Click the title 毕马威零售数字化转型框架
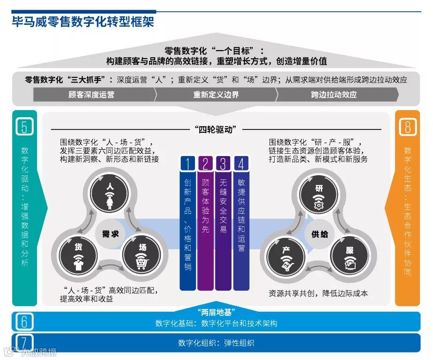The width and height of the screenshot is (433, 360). [83, 22]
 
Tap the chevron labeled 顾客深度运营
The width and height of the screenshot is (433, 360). [91, 94]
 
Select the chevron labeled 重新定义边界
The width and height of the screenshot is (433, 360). [216, 94]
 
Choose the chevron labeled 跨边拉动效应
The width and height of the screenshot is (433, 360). [334, 94]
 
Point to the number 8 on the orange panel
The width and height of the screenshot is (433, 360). [407, 127]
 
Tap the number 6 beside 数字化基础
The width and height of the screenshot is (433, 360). [24, 321]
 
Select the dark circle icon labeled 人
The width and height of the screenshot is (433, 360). [110, 192]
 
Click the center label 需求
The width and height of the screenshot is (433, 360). [111, 233]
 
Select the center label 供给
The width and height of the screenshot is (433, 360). [320, 233]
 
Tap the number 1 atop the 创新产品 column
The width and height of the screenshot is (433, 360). [187, 164]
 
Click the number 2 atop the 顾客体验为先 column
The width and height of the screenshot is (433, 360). [205, 164]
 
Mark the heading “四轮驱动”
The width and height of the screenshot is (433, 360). [216, 129]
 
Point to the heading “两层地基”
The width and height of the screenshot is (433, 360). [216, 312]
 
